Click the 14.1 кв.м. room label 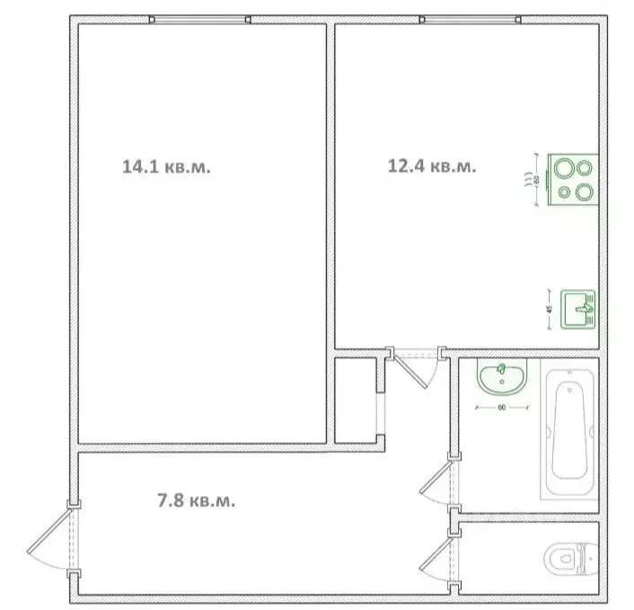[x=166, y=166]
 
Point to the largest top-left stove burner [x=566, y=167]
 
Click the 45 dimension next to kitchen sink [x=550, y=310]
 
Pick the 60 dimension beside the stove [x=537, y=179]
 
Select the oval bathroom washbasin [x=503, y=378]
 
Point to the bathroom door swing [x=438, y=482]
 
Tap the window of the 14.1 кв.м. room [x=200, y=20]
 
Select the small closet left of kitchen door [x=357, y=400]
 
